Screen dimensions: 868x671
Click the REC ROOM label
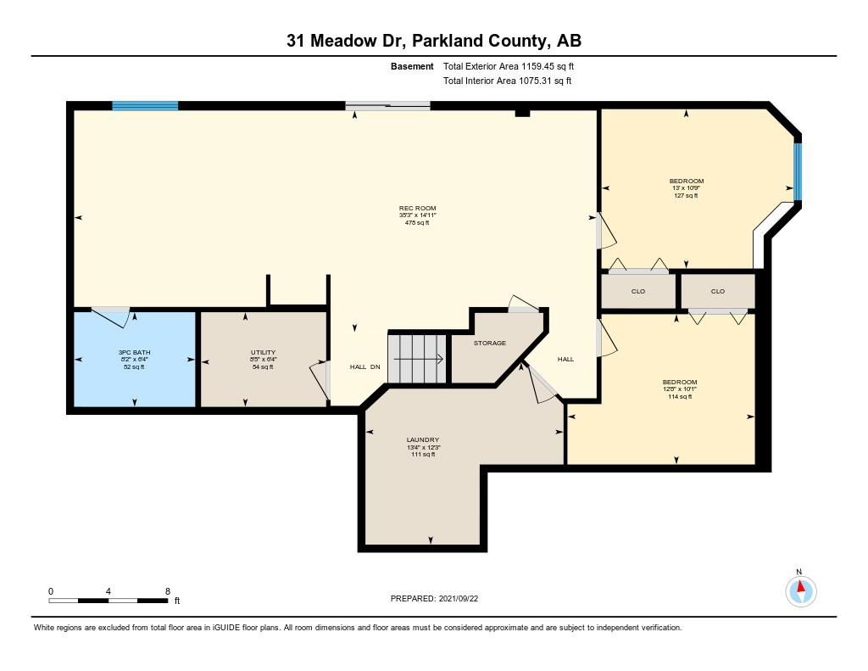(x=417, y=209)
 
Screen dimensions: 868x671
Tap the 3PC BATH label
(x=135, y=352)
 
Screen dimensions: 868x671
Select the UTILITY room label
(x=263, y=352)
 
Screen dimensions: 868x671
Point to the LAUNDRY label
(x=423, y=440)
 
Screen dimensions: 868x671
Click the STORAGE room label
(x=490, y=343)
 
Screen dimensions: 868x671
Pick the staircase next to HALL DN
(x=417, y=359)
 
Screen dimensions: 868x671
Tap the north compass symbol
(x=800, y=590)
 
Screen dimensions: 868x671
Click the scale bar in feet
(x=108, y=601)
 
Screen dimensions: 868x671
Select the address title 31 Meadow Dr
(x=348, y=41)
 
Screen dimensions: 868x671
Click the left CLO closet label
(x=638, y=292)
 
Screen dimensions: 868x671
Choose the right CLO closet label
(x=718, y=292)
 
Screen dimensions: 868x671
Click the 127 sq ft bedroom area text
(x=686, y=196)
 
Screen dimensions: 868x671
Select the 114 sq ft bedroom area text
(x=680, y=397)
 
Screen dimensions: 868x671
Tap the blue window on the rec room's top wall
(x=145, y=106)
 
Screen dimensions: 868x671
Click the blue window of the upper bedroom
(x=798, y=171)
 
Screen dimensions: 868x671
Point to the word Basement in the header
(x=412, y=66)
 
